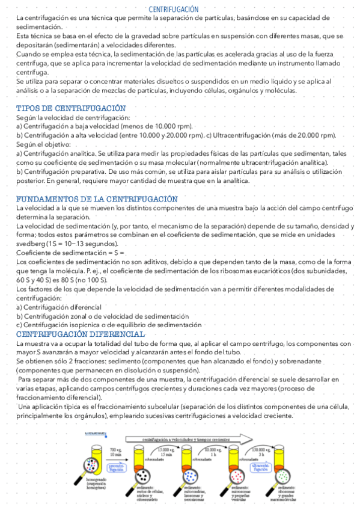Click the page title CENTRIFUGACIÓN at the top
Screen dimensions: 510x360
[x=173, y=10]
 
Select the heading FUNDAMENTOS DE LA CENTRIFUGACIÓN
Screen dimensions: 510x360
[x=97, y=198]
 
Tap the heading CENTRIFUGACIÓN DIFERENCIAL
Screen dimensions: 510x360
[x=81, y=334]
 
